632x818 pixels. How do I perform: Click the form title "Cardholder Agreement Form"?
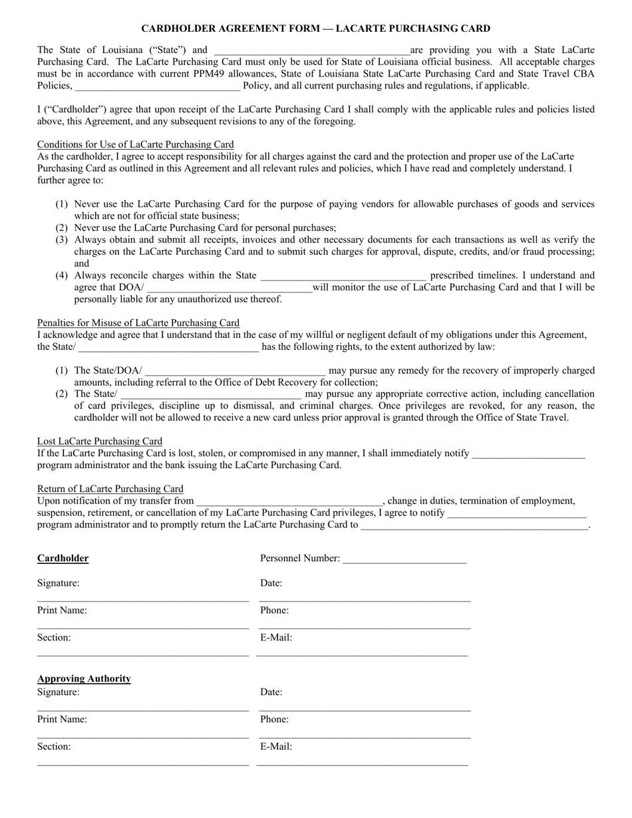click(315, 29)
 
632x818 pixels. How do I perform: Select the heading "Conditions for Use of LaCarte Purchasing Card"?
click(135, 144)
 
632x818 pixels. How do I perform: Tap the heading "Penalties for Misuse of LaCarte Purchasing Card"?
click(138, 323)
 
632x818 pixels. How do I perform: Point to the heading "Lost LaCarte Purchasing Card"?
click(99, 441)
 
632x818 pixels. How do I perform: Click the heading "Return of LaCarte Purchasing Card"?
click(110, 489)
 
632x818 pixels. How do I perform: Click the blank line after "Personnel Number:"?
click(404, 560)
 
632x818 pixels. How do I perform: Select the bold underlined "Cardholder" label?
click(63, 559)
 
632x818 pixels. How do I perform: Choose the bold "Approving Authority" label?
click(84, 679)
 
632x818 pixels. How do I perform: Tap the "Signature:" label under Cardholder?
click(58, 583)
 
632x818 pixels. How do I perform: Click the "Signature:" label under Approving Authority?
click(58, 692)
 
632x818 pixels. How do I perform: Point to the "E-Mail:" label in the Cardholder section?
click(276, 638)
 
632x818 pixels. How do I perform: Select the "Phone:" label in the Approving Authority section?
click(274, 720)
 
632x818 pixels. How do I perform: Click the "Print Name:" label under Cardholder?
click(62, 611)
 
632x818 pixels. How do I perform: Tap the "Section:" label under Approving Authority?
click(54, 747)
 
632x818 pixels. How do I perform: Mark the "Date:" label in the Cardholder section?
click(271, 583)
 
